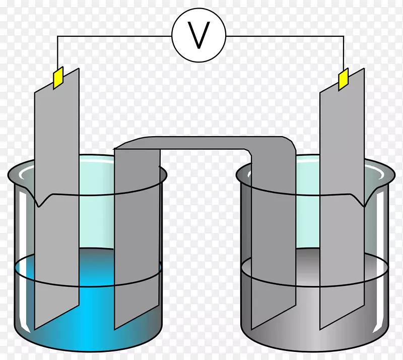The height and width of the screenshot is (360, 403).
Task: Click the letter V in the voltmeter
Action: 198,35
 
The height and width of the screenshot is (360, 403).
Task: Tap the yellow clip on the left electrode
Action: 58,78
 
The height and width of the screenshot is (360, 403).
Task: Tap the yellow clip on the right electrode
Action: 344,79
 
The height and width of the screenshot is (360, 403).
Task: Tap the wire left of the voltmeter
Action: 115,36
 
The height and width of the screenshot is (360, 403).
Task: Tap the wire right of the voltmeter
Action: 285,36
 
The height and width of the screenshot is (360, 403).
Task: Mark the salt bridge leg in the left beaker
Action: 137,239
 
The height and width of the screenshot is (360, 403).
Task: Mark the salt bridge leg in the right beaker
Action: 273,239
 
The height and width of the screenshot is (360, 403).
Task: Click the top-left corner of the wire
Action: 57,36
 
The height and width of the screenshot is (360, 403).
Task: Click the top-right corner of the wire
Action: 344,36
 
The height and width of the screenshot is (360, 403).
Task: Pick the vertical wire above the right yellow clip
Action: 344,53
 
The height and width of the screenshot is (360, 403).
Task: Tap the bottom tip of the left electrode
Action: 35,329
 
